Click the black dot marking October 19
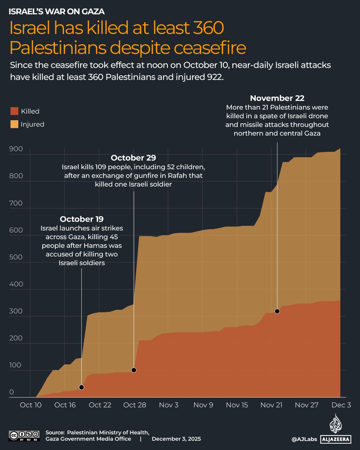(x=81, y=387)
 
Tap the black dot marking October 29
(x=134, y=370)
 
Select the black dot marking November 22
(x=277, y=311)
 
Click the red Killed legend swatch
(x=14, y=111)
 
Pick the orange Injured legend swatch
(x=14, y=124)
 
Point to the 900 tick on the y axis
(x=16, y=149)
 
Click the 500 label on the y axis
(x=16, y=257)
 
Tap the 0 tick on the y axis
(x=12, y=392)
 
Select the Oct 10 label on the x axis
(x=31, y=405)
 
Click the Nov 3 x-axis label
(x=169, y=405)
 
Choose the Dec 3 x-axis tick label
(x=341, y=405)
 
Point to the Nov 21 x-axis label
(x=271, y=405)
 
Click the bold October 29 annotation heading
(x=133, y=158)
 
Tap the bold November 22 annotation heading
(x=277, y=98)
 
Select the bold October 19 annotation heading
(x=82, y=219)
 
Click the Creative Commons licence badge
(x=24, y=436)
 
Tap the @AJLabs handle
(x=304, y=439)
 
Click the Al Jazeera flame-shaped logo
(x=336, y=424)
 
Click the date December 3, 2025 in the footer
(x=176, y=439)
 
